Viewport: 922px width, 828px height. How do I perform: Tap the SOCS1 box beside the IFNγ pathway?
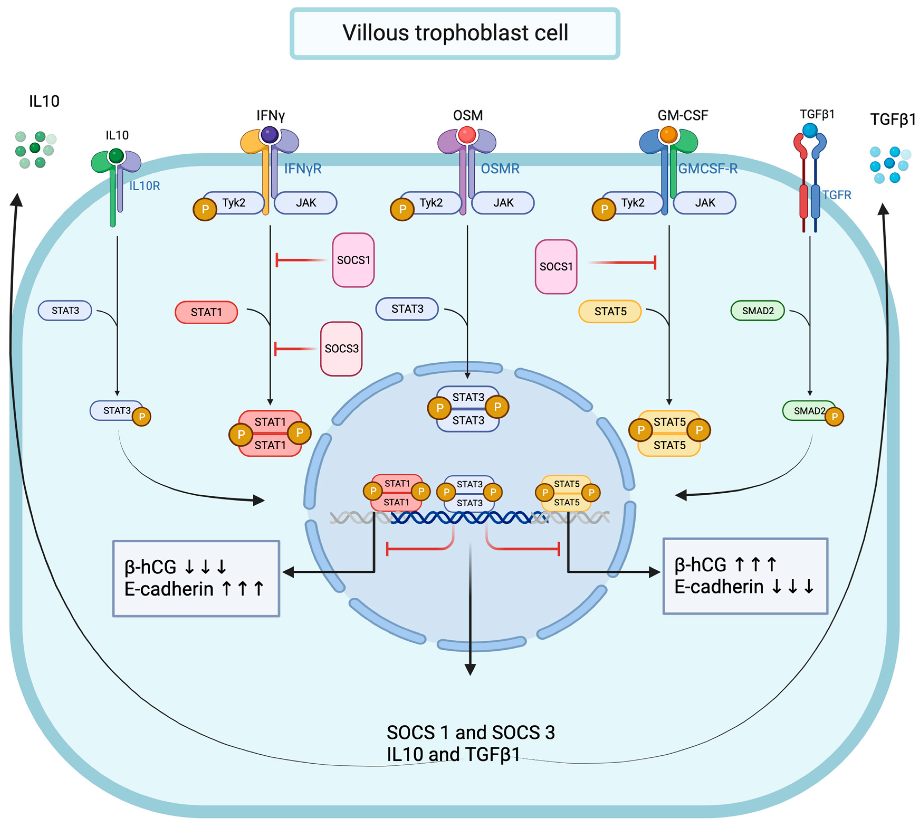pos(353,260)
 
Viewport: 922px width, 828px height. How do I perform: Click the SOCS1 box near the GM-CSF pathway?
pos(556,267)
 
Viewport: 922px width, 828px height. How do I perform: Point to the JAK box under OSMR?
pos(503,202)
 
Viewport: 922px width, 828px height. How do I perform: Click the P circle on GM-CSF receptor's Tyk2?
pos(603,209)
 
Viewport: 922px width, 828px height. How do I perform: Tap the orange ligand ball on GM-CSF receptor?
pos(668,135)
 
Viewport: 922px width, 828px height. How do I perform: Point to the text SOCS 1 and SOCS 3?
pos(470,732)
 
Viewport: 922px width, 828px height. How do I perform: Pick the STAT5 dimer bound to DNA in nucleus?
pos(566,493)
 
